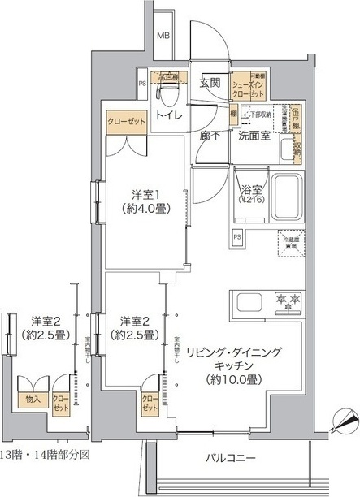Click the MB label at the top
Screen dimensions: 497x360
[163, 35]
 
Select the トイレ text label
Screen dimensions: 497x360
[168, 116]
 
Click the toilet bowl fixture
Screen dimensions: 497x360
[167, 94]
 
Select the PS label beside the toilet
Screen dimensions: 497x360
[142, 82]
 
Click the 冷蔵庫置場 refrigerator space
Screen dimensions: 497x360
[290, 243]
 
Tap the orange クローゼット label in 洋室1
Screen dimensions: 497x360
[125, 121]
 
